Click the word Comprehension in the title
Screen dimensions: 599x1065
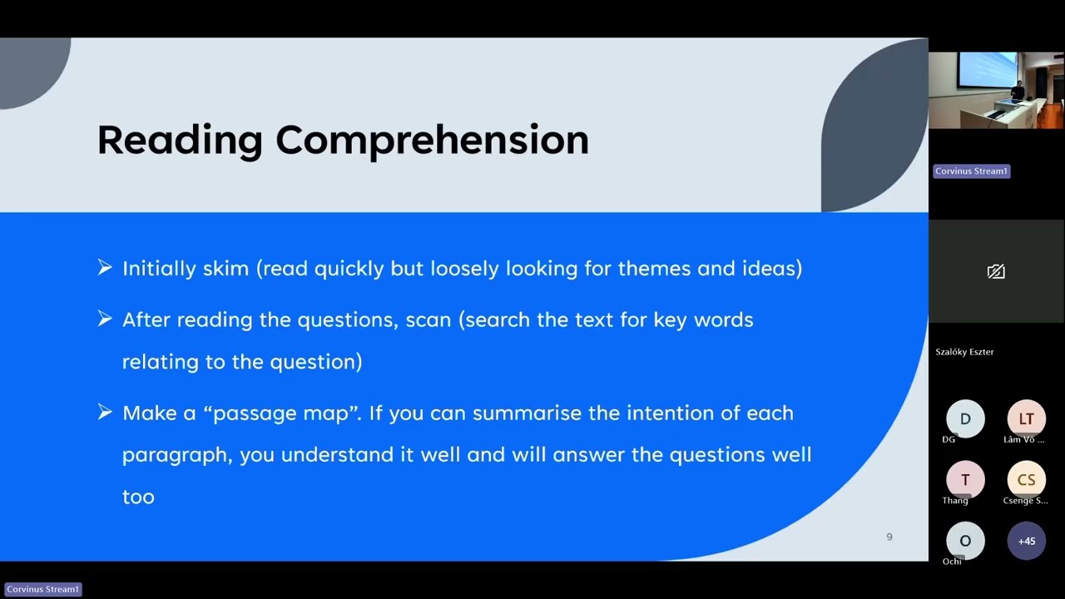pyautogui.click(x=432, y=140)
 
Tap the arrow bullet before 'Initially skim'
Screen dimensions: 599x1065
pyautogui.click(x=105, y=268)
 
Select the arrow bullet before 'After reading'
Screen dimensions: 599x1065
pyautogui.click(x=105, y=319)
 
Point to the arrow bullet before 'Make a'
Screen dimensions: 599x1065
pyautogui.click(x=105, y=412)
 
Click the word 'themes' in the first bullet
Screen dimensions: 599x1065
pyautogui.click(x=661, y=269)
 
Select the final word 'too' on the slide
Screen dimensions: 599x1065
pyautogui.click(x=138, y=498)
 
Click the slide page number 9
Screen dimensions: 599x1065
pyautogui.click(x=889, y=537)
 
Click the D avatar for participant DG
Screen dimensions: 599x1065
pyautogui.click(x=965, y=418)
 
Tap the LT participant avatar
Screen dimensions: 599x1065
pyautogui.click(x=1026, y=418)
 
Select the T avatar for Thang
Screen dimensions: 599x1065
pyautogui.click(x=965, y=479)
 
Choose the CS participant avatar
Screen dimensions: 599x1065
pyautogui.click(x=1026, y=479)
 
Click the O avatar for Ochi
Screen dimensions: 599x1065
pyautogui.click(x=965, y=541)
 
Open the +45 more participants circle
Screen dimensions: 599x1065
pyautogui.click(x=1026, y=541)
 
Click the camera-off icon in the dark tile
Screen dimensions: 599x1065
pyautogui.click(x=996, y=271)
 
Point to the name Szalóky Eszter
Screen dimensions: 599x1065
pyautogui.click(x=964, y=352)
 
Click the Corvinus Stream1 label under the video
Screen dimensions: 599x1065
pyautogui.click(x=971, y=171)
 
